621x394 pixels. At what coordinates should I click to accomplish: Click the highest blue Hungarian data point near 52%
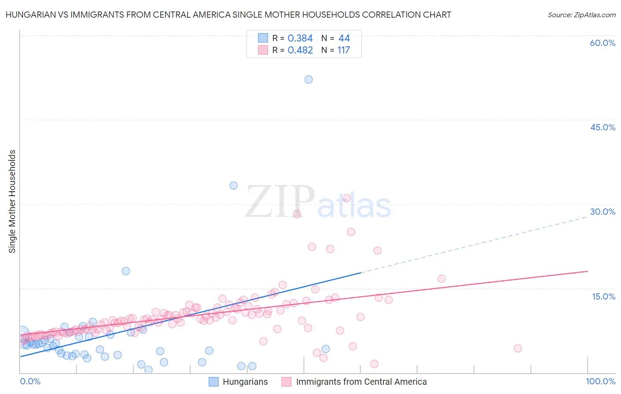309,80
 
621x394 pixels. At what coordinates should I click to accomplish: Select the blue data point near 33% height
234,186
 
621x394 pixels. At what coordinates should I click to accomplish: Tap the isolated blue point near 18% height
126,271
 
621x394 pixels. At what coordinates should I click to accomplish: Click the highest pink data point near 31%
347,198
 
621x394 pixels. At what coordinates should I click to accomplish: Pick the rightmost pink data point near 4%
518,349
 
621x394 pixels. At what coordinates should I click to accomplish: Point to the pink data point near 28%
297,214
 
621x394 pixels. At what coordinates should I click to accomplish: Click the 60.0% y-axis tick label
602,43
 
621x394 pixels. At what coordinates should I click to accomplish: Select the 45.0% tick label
602,127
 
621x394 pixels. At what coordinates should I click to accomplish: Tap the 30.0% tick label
602,212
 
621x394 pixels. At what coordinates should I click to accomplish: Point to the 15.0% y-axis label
603,296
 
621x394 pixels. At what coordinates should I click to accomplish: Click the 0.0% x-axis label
30,382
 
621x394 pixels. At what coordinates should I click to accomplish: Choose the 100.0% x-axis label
600,382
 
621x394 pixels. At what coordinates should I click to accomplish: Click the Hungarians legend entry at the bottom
245,382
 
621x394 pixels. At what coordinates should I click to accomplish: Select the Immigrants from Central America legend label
361,382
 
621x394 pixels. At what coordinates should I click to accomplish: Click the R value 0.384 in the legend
300,38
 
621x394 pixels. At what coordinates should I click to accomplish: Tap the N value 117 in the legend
344,50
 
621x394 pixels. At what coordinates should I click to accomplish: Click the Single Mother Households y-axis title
12,201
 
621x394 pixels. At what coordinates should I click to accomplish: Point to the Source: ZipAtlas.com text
581,15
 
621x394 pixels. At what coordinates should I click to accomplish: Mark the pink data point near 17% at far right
442,279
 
